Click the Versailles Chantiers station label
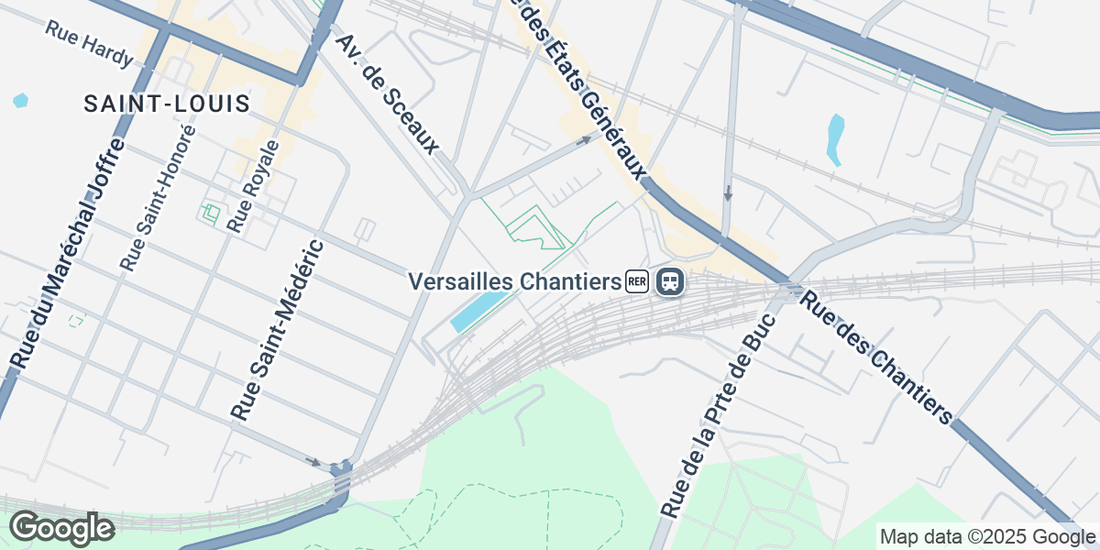pos(515,280)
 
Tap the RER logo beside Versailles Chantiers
pos(637,281)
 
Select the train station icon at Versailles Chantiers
pos(670,281)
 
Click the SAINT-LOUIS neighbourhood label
pos(167,104)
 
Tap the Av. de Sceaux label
pos(387,93)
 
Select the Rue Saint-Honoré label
pos(158,197)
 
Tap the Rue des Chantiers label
pos(876,358)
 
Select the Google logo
pos(61,528)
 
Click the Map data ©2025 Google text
pos(986,536)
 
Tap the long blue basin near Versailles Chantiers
pos(478,313)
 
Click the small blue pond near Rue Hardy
pos(20,101)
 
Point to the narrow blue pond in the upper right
pos(834,138)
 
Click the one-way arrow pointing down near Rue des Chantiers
pos(728,193)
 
